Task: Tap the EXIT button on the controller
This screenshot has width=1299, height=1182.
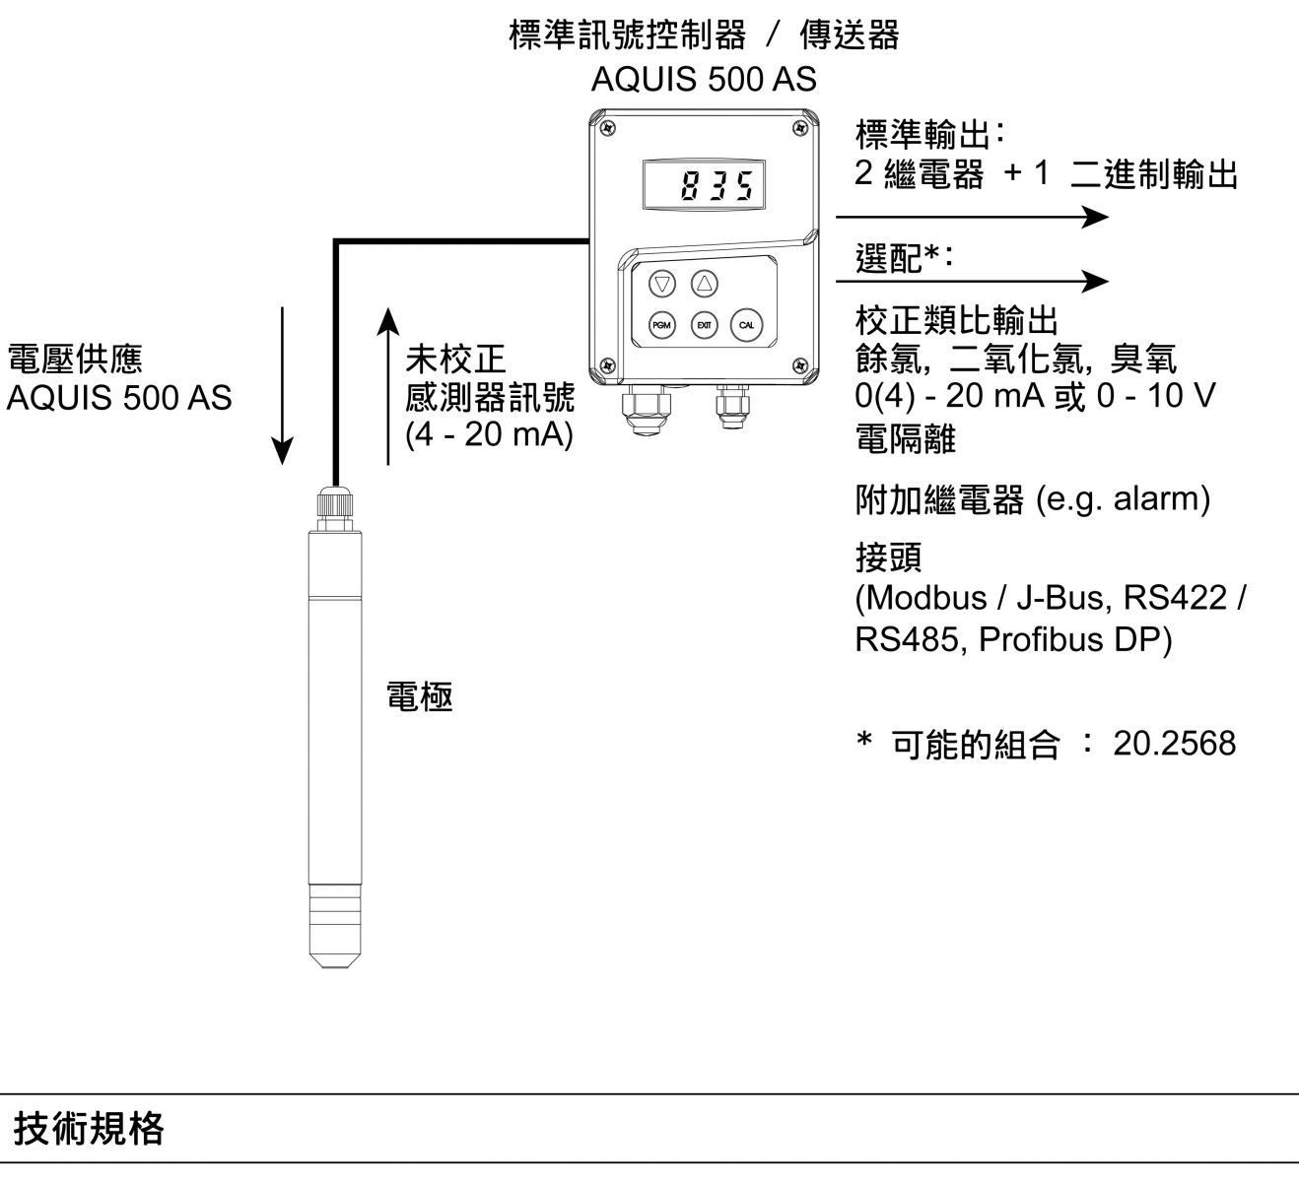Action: tap(704, 325)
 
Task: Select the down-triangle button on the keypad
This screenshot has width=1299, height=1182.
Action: tap(662, 284)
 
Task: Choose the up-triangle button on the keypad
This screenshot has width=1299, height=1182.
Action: tap(704, 284)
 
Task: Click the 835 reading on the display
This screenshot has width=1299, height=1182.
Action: tap(716, 186)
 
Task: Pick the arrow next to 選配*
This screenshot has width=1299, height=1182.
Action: tap(971, 282)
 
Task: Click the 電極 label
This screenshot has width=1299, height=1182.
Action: tap(420, 697)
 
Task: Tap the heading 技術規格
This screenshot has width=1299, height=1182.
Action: tap(89, 1129)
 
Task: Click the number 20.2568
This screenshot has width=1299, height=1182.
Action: tap(1174, 744)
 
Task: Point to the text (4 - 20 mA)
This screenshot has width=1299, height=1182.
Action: tap(490, 434)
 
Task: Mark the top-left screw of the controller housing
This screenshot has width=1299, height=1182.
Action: tap(609, 128)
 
